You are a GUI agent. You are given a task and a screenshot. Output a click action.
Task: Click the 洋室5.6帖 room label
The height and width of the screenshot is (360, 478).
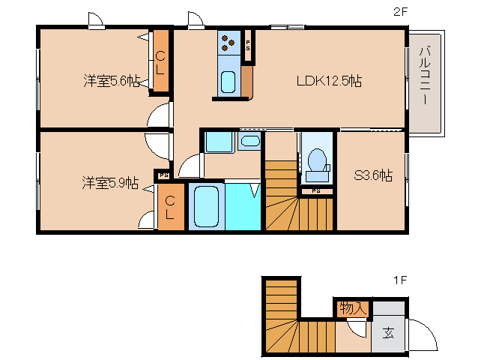pyautogui.click(x=112, y=82)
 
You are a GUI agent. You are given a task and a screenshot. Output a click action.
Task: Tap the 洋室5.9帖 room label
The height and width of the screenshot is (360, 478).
pyautogui.click(x=111, y=182)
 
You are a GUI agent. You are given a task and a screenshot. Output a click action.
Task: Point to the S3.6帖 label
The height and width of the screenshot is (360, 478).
pyautogui.click(x=373, y=176)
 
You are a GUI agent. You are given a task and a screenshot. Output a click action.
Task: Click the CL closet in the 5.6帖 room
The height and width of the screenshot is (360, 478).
pyautogui.click(x=160, y=62)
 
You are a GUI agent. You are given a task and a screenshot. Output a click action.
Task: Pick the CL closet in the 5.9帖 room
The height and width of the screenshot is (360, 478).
pyautogui.click(x=170, y=207)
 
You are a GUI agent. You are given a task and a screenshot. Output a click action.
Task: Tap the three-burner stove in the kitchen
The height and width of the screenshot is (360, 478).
pyautogui.click(x=229, y=46)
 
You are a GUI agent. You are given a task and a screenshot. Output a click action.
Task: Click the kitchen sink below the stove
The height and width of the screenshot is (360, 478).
pyautogui.click(x=229, y=81)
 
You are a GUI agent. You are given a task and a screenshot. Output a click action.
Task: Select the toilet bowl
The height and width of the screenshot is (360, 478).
pyautogui.click(x=317, y=160)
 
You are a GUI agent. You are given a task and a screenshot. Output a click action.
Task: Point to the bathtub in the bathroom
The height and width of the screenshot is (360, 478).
pyautogui.click(x=205, y=206)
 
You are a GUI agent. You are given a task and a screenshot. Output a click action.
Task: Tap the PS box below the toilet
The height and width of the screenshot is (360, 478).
pyautogui.click(x=316, y=191)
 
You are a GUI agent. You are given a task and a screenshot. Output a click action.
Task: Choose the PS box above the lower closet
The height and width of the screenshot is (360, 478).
pyautogui.click(x=163, y=176)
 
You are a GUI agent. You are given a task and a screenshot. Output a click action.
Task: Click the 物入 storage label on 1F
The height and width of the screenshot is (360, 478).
pyautogui.click(x=352, y=307)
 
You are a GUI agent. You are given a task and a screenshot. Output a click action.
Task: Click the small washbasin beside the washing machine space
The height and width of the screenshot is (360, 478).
pyautogui.click(x=250, y=141)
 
